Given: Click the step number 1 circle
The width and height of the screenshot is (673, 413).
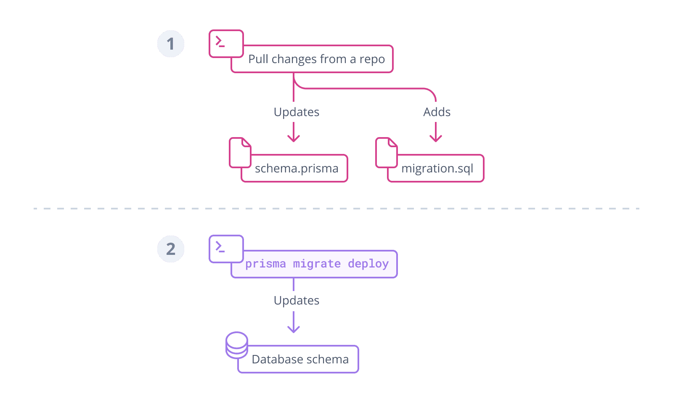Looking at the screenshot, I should [171, 44].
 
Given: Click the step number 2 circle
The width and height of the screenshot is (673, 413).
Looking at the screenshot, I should [171, 249].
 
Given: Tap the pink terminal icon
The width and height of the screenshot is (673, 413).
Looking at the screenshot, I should [226, 44].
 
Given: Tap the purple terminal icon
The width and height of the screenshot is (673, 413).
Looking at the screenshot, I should [226, 249].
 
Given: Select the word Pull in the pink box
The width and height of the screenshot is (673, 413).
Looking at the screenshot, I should [258, 59].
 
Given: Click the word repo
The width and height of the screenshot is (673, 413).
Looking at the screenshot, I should [372, 59].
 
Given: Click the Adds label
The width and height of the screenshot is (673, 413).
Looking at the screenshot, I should [437, 112].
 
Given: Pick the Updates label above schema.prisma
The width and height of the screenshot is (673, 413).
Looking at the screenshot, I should [297, 112].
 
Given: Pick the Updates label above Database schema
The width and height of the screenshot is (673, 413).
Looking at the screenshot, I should [297, 301].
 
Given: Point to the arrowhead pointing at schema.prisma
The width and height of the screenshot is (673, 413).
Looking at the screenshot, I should [294, 139].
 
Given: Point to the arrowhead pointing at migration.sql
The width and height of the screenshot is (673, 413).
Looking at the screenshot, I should [436, 139].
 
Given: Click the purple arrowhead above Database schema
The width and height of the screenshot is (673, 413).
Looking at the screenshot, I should [294, 329].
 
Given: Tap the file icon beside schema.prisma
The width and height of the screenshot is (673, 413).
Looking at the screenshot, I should [240, 153].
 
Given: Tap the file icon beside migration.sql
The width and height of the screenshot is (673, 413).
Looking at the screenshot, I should [387, 153].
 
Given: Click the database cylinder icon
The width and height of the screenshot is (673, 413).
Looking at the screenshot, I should [236, 345].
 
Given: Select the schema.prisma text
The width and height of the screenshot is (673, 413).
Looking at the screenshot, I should [297, 168].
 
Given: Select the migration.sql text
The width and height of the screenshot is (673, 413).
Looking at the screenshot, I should [437, 168].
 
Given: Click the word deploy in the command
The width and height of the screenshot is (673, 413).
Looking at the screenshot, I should [368, 264].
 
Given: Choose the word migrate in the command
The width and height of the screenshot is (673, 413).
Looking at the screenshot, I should [317, 264].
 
